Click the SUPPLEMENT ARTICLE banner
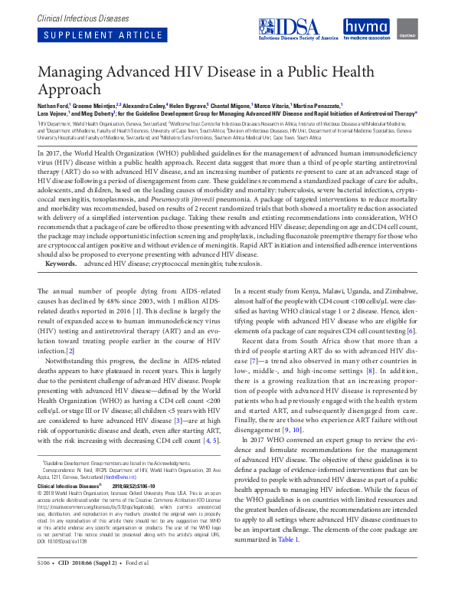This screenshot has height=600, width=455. coord(89,35)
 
